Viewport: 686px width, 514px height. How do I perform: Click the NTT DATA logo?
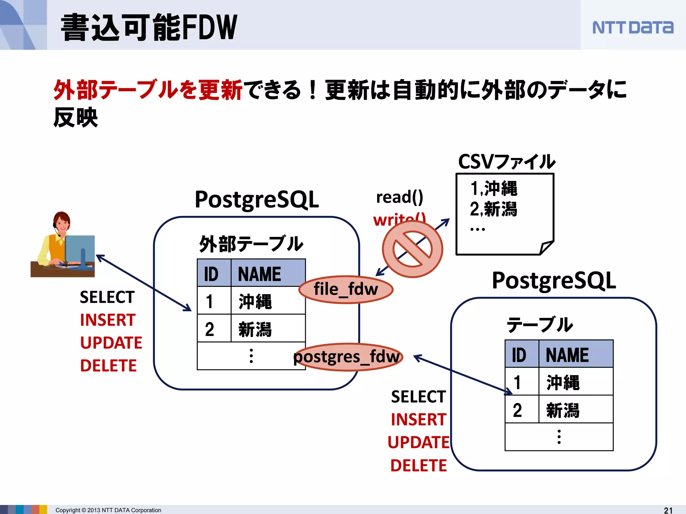[x=632, y=27]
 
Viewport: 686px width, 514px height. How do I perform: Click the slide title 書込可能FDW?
[x=149, y=27]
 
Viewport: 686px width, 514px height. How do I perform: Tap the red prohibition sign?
[x=412, y=249]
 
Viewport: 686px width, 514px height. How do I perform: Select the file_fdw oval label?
[x=346, y=289]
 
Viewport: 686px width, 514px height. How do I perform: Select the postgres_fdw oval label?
[x=347, y=357]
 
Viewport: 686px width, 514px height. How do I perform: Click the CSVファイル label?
[x=506, y=162]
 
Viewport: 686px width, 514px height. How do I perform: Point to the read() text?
[x=400, y=197]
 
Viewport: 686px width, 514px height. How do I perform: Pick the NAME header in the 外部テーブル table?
[x=260, y=274]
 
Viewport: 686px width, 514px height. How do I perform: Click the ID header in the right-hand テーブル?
[x=519, y=355]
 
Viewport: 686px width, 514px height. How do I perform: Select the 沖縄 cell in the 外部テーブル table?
[x=255, y=301]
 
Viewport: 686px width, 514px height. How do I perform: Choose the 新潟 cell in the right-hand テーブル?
[x=563, y=410]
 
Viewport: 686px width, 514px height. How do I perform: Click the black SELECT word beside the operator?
[x=107, y=297]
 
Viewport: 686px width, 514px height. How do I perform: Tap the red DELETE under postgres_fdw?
[x=419, y=465]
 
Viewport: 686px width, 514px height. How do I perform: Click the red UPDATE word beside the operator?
[x=111, y=343]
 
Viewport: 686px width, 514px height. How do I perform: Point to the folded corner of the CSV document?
[x=546, y=248]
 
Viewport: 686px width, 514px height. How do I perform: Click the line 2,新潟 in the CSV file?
[x=493, y=209]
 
